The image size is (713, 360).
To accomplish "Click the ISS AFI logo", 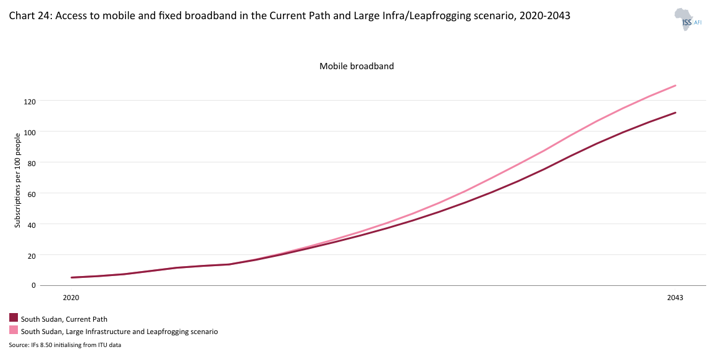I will (x=688, y=19).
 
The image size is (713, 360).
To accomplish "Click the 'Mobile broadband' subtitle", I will (x=356, y=66).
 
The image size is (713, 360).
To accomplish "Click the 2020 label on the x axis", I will (x=71, y=298).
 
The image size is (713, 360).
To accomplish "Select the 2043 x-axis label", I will (x=675, y=298).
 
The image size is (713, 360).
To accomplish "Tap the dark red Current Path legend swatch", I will (x=14, y=318).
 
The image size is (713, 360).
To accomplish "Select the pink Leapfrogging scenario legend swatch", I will (x=14, y=330).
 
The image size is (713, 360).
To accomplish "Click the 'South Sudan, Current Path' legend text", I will (x=64, y=319).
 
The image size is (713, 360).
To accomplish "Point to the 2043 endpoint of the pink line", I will (x=676, y=85).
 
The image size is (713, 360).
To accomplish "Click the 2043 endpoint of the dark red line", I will (x=676, y=112).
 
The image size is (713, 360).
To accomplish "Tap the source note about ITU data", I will (x=65, y=345).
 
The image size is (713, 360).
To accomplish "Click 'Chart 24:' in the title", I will (x=28, y=17).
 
